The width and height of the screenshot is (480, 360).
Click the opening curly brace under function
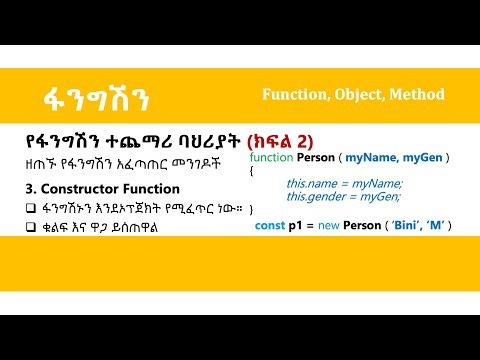pos(252,172)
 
